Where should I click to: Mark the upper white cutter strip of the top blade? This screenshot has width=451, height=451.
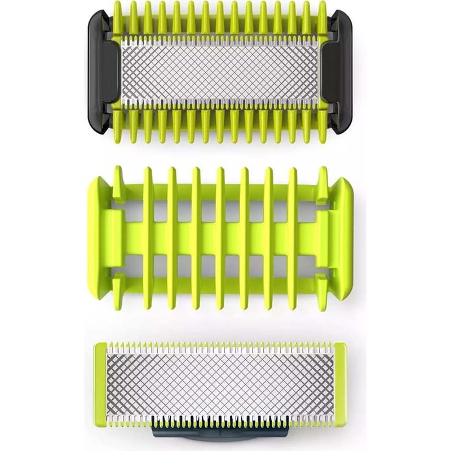(x=220, y=41)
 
